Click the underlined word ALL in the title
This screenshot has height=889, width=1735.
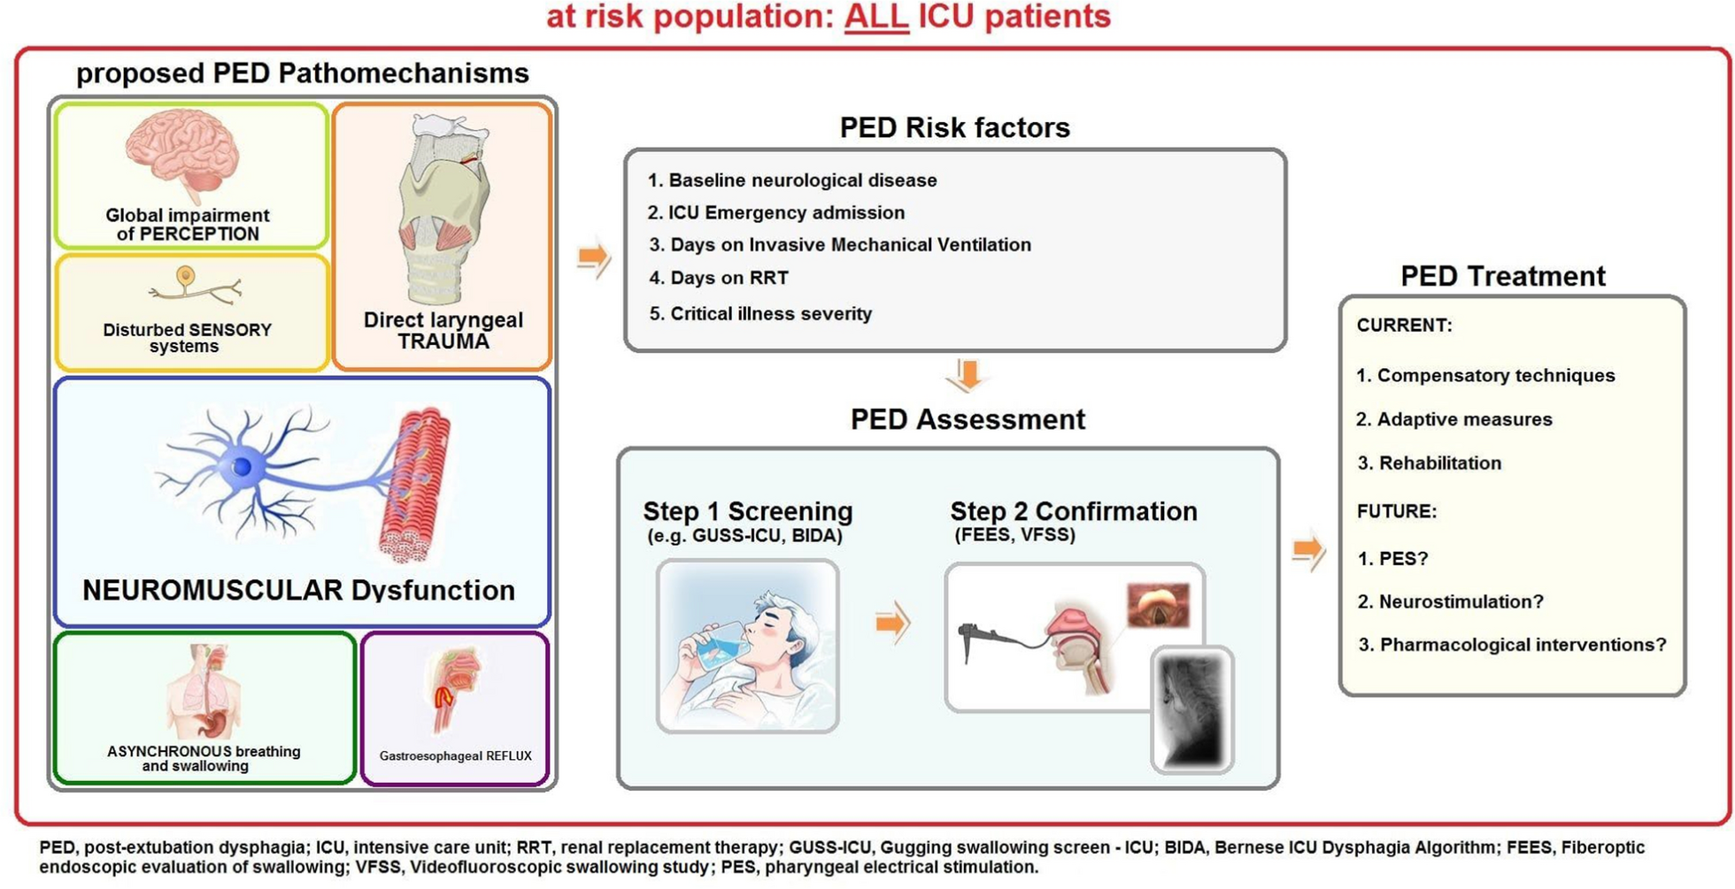click(x=876, y=17)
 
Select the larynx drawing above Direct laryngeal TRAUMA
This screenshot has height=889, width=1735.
click(x=443, y=209)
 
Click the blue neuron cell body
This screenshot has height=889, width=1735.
click(x=242, y=466)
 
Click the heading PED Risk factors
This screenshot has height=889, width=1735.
click(x=954, y=127)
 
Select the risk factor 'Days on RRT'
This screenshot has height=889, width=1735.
click(x=719, y=278)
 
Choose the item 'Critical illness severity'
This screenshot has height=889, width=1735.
click(x=760, y=314)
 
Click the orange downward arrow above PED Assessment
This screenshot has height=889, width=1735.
click(x=968, y=374)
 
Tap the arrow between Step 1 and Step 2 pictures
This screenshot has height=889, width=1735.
click(x=892, y=623)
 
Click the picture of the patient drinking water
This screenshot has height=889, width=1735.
click(x=748, y=646)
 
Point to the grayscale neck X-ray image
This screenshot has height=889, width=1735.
click(x=1192, y=709)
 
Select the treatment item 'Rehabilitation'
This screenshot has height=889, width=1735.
click(x=1430, y=463)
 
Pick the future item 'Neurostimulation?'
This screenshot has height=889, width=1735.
click(x=1451, y=602)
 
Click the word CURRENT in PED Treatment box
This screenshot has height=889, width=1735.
click(x=1404, y=326)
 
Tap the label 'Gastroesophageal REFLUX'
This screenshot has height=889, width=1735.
click(x=455, y=756)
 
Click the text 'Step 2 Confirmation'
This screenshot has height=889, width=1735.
click(x=1074, y=511)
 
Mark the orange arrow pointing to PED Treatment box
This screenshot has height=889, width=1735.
click(x=1308, y=551)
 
